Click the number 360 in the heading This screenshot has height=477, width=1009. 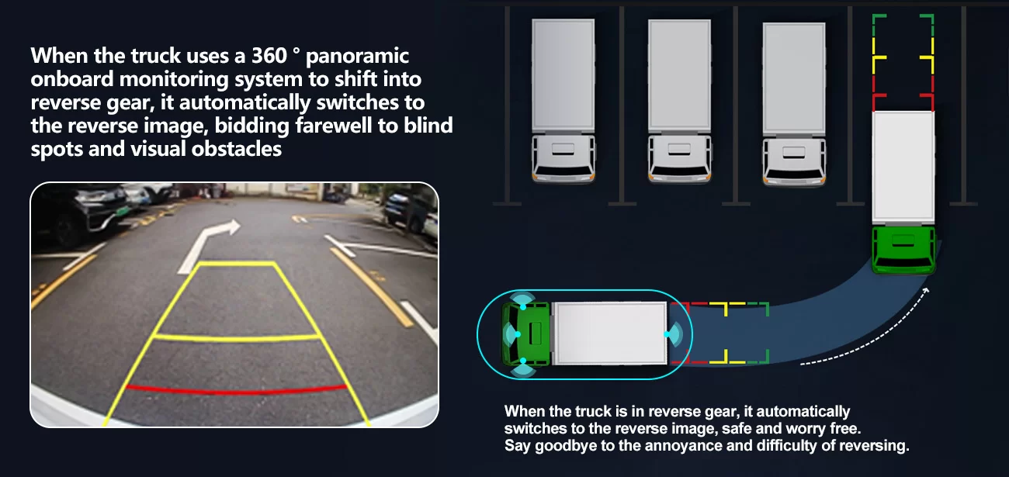[269, 56]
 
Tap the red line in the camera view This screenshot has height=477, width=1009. [237, 389]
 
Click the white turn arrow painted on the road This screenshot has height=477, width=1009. [209, 246]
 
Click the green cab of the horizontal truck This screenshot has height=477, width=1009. [526, 334]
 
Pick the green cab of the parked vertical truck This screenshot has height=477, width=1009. [903, 250]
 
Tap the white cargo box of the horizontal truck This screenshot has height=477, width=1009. [609, 333]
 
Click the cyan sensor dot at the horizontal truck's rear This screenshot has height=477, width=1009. [666, 334]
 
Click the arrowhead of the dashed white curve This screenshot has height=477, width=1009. [925, 291]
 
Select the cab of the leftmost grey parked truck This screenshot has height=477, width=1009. [563, 158]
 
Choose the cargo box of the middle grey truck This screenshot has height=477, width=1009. [679, 75]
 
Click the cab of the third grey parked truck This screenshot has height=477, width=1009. [794, 161]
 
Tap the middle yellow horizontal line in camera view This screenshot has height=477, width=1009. [237, 337]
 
